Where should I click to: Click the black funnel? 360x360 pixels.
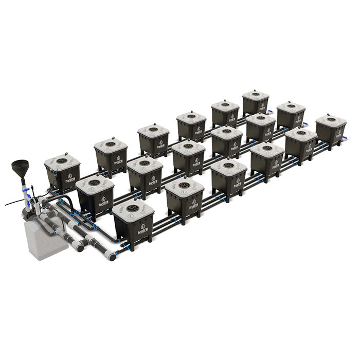pos(21,168)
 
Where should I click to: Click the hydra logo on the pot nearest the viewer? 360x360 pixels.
pos(142,229)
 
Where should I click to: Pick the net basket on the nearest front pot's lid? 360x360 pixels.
pos(132,208)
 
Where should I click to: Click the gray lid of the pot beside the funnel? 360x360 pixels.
pos(62,162)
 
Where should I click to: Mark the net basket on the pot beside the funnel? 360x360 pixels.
pos(62,161)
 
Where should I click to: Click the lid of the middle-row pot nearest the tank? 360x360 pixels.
pos(95,183)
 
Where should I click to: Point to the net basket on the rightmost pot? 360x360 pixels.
pos(330,119)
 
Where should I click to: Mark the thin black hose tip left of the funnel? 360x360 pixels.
pos(7,205)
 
